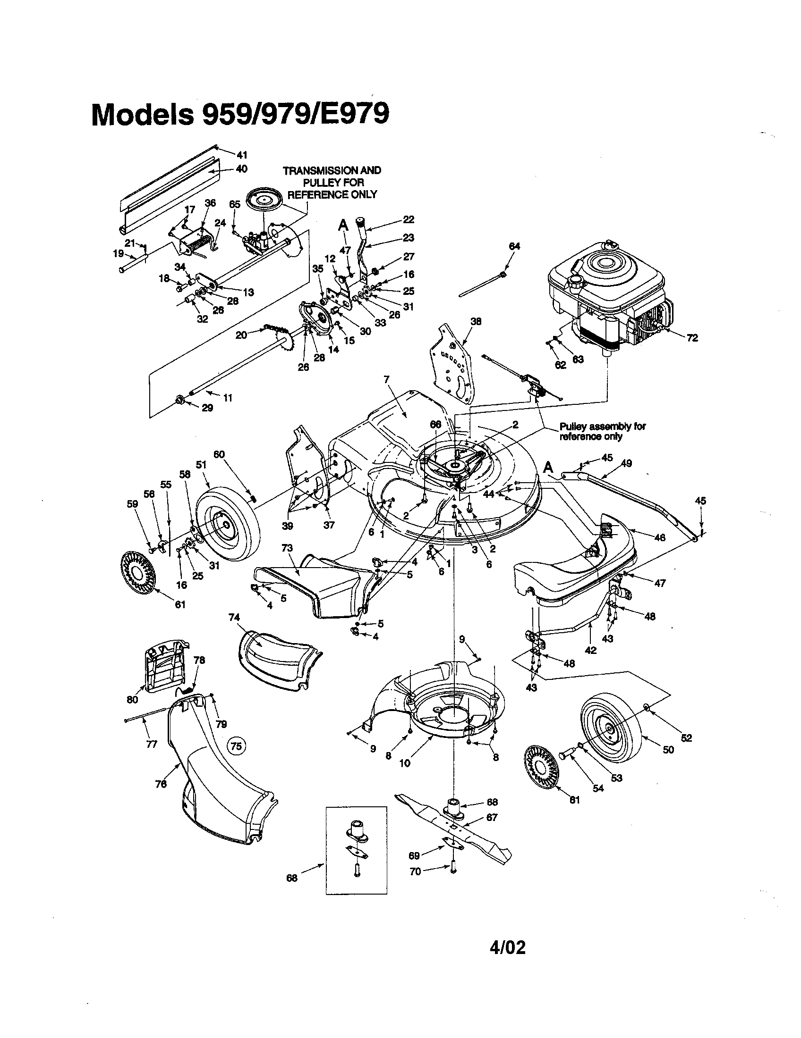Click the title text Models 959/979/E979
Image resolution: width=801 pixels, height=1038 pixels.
(x=240, y=115)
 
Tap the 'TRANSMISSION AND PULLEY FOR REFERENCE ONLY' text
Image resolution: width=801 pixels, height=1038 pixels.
(x=332, y=182)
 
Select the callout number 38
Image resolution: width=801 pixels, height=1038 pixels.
(x=476, y=321)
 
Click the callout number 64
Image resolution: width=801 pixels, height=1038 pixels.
(x=514, y=246)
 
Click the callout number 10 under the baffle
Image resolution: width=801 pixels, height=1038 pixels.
(x=404, y=763)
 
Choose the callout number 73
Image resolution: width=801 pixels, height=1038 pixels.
(x=287, y=548)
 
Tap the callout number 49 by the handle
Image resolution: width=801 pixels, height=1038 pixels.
(x=626, y=463)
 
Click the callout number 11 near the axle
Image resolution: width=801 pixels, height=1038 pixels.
(x=228, y=398)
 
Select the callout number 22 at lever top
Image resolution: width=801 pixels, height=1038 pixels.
(x=408, y=219)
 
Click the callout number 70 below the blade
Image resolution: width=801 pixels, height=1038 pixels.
(x=415, y=871)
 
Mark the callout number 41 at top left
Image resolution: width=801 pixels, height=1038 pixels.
(x=242, y=155)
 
